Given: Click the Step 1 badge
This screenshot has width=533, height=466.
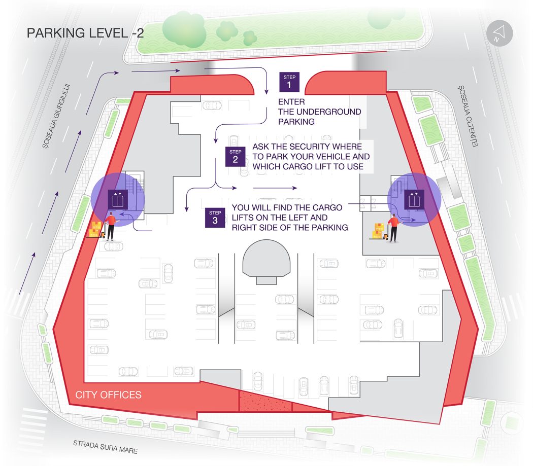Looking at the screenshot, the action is [x=289, y=82].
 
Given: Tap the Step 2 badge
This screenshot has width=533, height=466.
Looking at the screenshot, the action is [x=235, y=157].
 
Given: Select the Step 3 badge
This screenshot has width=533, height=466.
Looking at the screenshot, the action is [x=215, y=218].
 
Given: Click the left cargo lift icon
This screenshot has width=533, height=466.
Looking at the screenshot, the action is [x=118, y=199].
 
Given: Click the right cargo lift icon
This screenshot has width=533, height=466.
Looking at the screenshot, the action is [x=414, y=199].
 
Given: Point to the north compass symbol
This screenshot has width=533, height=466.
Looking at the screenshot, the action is [x=499, y=33].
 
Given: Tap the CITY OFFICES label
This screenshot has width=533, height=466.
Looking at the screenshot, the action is [x=108, y=395].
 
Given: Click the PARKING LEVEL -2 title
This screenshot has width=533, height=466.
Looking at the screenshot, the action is [x=85, y=33].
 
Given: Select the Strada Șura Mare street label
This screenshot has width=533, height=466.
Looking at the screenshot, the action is [x=106, y=447].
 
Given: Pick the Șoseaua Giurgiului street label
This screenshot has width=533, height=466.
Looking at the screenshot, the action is [x=56, y=116].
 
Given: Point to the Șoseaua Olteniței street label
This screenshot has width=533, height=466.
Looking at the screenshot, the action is [x=468, y=116].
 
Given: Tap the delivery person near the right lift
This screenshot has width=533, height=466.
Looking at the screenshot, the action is [x=393, y=228].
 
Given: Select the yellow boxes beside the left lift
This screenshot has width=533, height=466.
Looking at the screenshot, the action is [x=95, y=229].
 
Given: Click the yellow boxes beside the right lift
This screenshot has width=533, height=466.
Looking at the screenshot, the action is [x=378, y=231].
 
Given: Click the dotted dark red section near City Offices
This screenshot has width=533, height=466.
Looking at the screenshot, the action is [x=265, y=401].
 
